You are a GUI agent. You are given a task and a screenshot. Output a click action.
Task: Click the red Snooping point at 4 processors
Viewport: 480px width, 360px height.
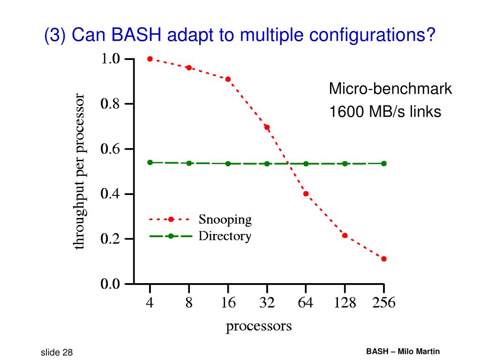click(x=150, y=59)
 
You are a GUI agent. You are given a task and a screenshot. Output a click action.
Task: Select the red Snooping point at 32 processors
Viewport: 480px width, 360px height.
click(x=267, y=127)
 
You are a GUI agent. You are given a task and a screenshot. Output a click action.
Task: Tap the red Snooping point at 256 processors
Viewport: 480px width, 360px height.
click(x=384, y=259)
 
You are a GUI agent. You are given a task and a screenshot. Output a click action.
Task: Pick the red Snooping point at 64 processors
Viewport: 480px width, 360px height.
click(x=306, y=194)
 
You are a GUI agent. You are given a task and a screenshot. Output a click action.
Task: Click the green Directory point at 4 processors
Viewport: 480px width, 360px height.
click(x=150, y=162)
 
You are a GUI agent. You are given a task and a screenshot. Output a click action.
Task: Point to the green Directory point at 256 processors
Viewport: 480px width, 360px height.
click(x=384, y=164)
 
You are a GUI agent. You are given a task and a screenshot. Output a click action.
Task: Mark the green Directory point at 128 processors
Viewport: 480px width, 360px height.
click(x=345, y=164)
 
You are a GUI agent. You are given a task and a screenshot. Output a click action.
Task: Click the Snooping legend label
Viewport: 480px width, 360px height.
click(x=225, y=219)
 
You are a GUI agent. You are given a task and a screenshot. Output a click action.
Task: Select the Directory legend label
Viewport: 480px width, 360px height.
click(x=225, y=236)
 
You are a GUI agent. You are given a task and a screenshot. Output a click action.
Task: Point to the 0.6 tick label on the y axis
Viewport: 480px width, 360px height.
click(x=112, y=149)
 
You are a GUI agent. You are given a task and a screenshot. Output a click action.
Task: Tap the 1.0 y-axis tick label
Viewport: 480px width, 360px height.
click(x=112, y=59)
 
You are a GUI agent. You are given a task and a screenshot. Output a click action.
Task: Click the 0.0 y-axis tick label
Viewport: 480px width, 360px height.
click(x=112, y=284)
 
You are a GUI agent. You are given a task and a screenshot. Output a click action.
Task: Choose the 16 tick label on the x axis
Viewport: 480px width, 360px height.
click(x=228, y=303)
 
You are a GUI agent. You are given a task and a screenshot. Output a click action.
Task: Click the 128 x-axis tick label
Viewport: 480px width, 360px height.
click(x=345, y=303)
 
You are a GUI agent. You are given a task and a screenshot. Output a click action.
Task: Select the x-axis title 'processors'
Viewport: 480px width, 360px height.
click(x=259, y=326)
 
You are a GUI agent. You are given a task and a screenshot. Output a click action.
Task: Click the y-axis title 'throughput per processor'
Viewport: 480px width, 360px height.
click(x=80, y=172)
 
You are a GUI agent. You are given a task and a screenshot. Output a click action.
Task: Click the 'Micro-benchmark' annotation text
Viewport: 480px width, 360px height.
click(x=390, y=89)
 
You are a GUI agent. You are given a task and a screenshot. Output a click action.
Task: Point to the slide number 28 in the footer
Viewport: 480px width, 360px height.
click(x=67, y=352)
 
